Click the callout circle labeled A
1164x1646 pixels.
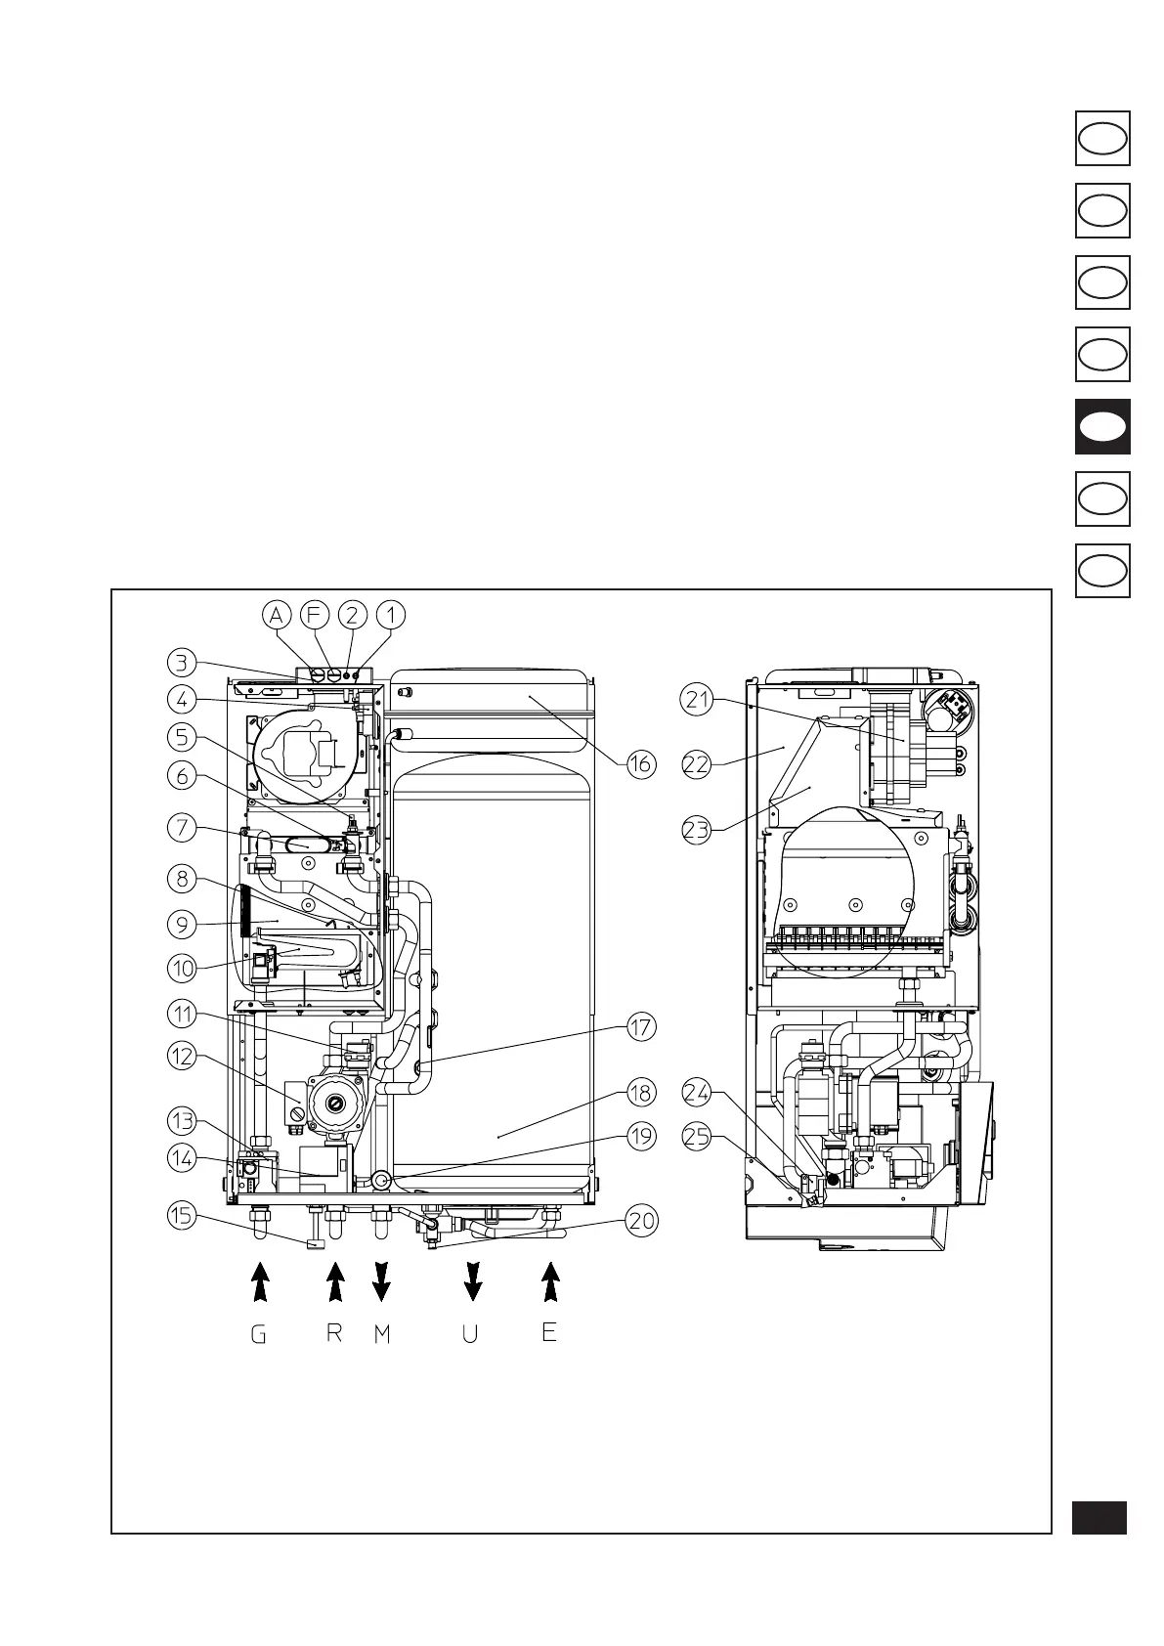pos(278,616)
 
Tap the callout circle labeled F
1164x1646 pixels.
pos(315,616)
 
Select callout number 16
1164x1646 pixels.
pos(640,764)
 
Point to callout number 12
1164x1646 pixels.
pos(182,1057)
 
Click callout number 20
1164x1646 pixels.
pos(642,1221)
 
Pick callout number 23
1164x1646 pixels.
pos(697,832)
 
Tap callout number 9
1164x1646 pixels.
pos(182,924)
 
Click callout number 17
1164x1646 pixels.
pos(641,1027)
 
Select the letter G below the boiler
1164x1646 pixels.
pos(258,1334)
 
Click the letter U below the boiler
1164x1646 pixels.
pos(470,1334)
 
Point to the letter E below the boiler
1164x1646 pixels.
pos(549,1331)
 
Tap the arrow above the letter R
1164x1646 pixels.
pos(335,1281)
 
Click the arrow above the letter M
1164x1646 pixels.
pos(381,1281)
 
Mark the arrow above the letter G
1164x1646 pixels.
pos(259,1281)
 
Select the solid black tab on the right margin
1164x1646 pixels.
pos(1102,426)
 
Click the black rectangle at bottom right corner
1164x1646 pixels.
pos(1099,1518)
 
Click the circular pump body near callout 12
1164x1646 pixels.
pos(335,1105)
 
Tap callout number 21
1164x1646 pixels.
pos(697,700)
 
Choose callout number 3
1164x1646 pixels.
pos(182,663)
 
